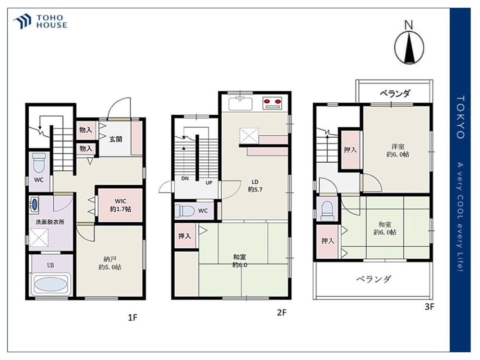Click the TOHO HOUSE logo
[40, 22]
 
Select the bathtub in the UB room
[51, 284]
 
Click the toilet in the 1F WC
[39, 163]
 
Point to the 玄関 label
[116, 139]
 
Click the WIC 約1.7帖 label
[120, 205]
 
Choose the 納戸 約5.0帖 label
[110, 263]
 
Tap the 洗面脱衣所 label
[50, 222]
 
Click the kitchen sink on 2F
[240, 104]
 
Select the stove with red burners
[272, 103]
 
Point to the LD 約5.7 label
[255, 186]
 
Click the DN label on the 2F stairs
[185, 179]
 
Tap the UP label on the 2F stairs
[209, 183]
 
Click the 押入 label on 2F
[185, 236]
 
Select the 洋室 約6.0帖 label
[397, 150]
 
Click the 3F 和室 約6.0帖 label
[385, 228]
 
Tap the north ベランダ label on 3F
[395, 93]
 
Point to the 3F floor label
[429, 306]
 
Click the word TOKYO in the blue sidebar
[460, 117]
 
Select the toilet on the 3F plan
[327, 211]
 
